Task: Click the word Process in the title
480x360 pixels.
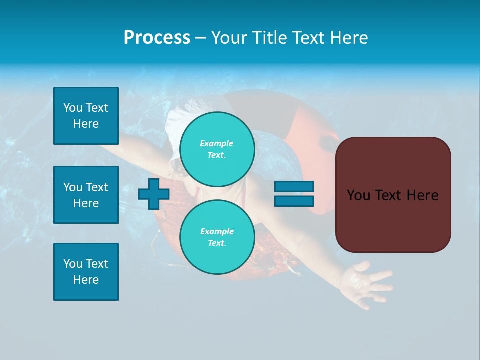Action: click(157, 38)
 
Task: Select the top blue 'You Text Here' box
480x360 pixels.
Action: click(86, 116)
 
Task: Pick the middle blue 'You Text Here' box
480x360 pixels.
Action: click(86, 195)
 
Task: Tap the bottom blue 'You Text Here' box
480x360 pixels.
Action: click(86, 272)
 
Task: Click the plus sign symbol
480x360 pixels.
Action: click(153, 194)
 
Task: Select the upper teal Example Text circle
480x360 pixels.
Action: click(217, 149)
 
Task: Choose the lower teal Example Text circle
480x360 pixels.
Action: click(217, 237)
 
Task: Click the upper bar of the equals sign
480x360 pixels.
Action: click(294, 186)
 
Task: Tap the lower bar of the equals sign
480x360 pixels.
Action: click(294, 201)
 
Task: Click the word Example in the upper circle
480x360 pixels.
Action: click(216, 143)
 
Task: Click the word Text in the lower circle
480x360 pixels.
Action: click(216, 243)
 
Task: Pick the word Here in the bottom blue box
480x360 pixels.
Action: click(86, 280)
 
